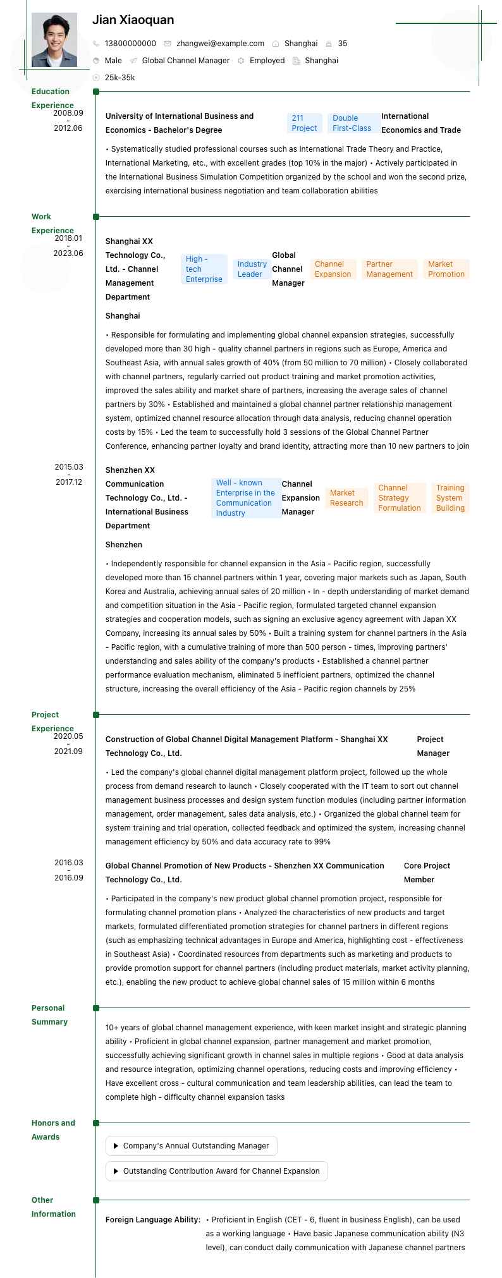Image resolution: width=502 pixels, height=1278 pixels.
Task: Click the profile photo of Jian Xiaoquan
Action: point(54,40)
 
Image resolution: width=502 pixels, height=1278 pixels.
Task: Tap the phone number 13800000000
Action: point(130,44)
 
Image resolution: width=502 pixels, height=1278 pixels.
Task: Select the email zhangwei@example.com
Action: point(220,44)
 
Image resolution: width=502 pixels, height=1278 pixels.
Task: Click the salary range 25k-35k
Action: point(119,78)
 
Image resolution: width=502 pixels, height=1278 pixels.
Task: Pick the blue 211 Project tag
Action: point(304,123)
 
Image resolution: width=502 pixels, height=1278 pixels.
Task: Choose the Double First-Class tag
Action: point(352,123)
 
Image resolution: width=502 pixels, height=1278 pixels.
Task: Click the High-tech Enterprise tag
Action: point(204,269)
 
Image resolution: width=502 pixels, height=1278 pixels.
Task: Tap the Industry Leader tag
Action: point(252,269)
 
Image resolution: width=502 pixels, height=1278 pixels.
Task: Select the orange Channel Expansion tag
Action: point(333,269)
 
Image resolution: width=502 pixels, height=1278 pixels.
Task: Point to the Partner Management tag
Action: point(389,269)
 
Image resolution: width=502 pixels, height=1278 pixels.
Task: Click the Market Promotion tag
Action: point(446,269)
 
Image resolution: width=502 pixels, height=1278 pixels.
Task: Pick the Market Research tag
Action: point(346,498)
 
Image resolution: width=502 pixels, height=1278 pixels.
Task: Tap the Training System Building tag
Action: point(450,498)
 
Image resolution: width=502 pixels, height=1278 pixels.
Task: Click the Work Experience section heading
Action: point(52,224)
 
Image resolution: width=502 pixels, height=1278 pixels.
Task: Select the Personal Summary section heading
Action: point(49,1014)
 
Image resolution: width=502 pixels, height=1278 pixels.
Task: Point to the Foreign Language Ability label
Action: point(153,1219)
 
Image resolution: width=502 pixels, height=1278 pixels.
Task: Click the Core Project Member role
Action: point(427,872)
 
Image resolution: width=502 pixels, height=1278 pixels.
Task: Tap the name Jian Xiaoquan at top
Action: point(133,20)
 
